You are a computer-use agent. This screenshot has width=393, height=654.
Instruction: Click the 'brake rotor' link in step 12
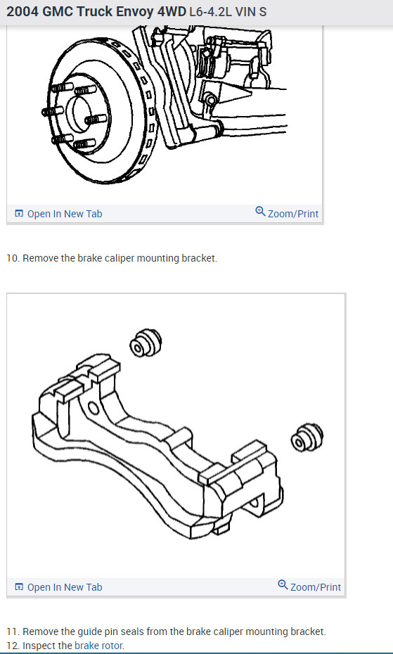99,646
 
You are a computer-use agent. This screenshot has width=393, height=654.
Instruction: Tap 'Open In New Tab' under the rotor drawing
64,214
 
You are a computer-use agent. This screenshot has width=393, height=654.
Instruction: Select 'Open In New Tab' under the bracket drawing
64,587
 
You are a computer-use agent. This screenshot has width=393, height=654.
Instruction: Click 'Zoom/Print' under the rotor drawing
292,214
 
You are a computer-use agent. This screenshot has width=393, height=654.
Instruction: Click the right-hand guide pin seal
306,437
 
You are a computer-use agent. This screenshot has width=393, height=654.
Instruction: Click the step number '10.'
13,258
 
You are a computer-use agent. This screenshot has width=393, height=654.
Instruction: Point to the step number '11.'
13,631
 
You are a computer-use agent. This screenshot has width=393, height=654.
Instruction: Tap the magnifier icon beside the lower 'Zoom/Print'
283,586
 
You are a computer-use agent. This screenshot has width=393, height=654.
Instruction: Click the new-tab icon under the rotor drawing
19,214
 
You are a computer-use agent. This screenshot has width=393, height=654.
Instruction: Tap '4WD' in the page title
172,12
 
